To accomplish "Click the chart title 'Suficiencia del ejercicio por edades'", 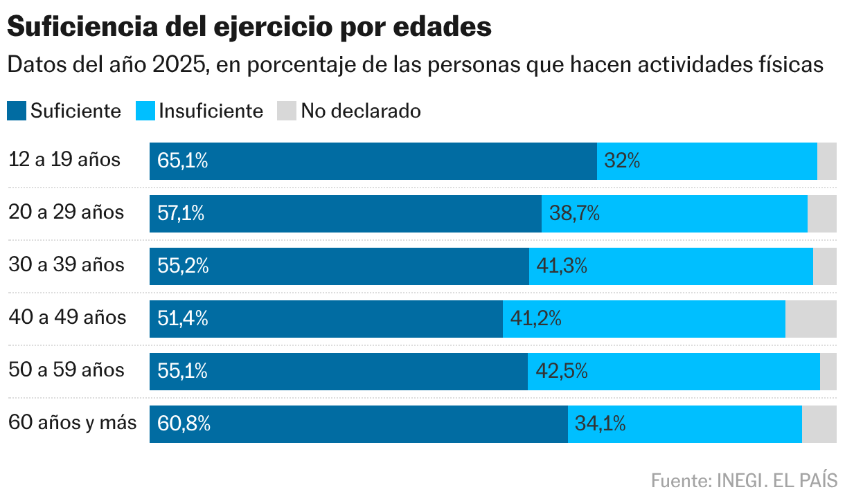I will tap(249, 28).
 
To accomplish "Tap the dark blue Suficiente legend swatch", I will tap(17, 111).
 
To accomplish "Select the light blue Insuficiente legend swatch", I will tap(145, 111).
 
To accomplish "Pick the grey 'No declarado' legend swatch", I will tap(287, 111).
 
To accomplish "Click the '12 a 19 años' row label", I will tap(64, 160).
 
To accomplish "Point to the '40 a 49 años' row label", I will tap(67, 318).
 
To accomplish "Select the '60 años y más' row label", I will tap(73, 423).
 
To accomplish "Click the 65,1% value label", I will tap(183, 161).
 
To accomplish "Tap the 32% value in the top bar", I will tap(622, 161).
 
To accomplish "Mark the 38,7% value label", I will tap(574, 214).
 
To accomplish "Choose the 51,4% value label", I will tap(183, 319).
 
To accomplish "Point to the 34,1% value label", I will tap(600, 424).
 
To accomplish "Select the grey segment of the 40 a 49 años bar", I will tap(811, 319).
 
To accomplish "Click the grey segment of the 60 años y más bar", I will tap(819, 424).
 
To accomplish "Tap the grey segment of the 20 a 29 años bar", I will tap(822, 214).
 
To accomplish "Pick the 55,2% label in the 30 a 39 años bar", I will tap(183, 266).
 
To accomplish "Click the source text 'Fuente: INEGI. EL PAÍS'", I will tap(744, 480).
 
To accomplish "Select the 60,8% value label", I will tap(184, 424).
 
